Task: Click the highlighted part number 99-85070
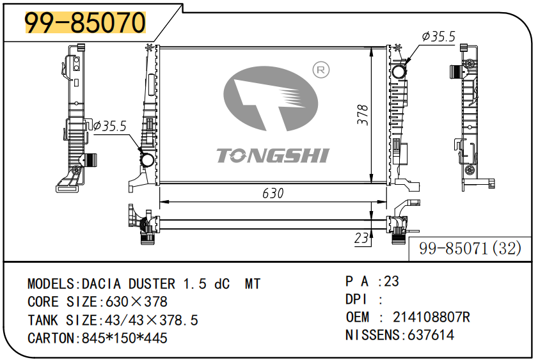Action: pyautogui.click(x=86, y=22)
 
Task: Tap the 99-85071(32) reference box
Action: pyautogui.click(x=470, y=249)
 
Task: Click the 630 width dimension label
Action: pyautogui.click(x=273, y=193)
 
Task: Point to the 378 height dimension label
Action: pyautogui.click(x=362, y=115)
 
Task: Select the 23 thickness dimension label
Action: pyautogui.click(x=361, y=238)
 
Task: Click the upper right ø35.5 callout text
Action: pyautogui.click(x=438, y=36)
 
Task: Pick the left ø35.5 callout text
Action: pyautogui.click(x=110, y=126)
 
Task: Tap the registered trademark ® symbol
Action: pyautogui.click(x=320, y=70)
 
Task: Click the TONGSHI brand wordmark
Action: pyautogui.click(x=273, y=155)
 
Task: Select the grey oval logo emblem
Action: pyautogui.click(x=271, y=98)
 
